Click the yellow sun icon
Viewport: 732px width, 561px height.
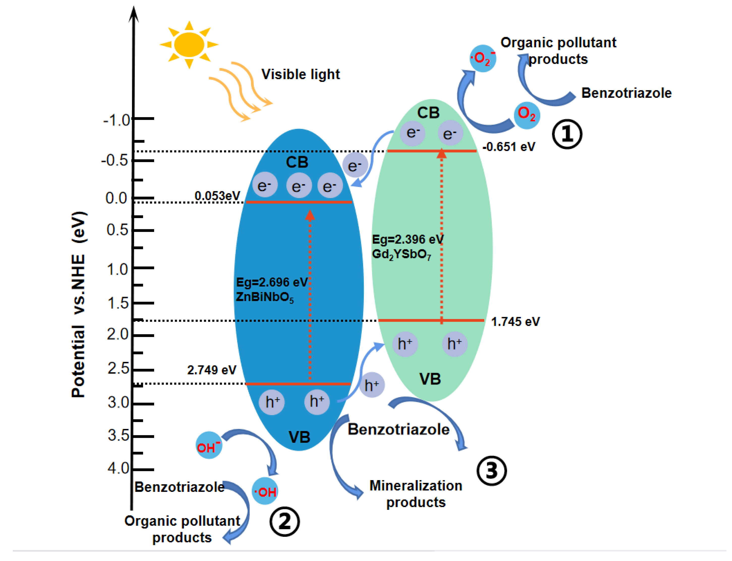[x=189, y=44]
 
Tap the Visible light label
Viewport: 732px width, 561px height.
[x=300, y=74]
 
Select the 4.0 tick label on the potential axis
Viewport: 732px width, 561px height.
[x=118, y=468]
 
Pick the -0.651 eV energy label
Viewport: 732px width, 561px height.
[x=508, y=147]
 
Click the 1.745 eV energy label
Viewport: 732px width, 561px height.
[x=515, y=321]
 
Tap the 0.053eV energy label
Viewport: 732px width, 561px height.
[x=217, y=196]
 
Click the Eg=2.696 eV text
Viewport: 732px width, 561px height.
[x=271, y=282]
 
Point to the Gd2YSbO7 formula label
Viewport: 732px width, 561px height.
[x=401, y=255]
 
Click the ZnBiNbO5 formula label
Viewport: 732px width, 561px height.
[x=264, y=297]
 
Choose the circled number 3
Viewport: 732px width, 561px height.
[x=491, y=471]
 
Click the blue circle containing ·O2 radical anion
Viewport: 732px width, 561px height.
[x=482, y=58]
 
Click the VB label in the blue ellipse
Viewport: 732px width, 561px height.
[x=299, y=437]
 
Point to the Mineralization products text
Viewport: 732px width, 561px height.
[x=415, y=493]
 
